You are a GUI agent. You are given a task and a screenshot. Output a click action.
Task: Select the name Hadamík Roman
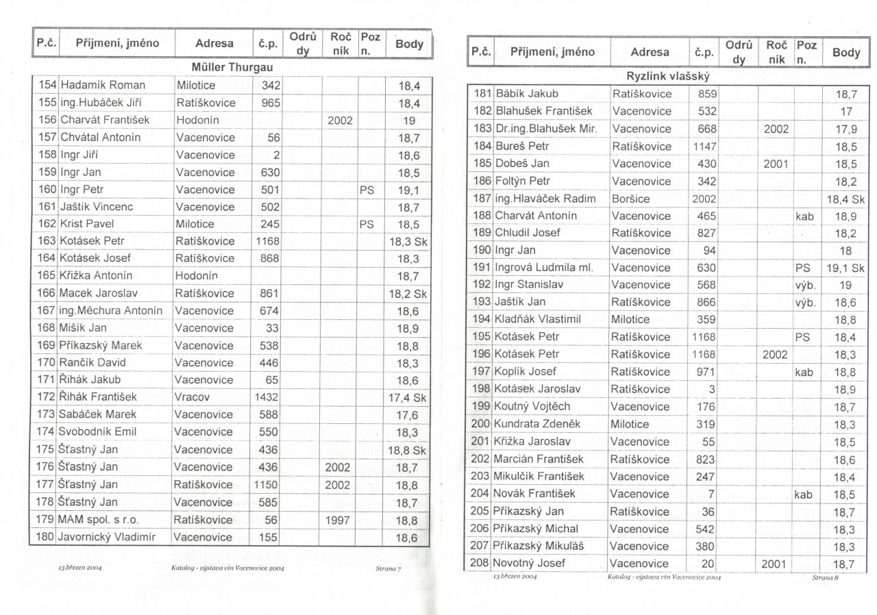[103, 86]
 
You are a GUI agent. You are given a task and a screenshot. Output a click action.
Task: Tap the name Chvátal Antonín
[101, 138]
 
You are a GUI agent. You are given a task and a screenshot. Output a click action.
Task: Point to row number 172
[47, 397]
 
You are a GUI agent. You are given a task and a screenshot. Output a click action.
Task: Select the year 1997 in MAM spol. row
[339, 520]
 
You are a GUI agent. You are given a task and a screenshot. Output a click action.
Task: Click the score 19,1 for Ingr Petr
[408, 190]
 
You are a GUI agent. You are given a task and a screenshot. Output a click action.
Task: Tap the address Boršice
[631, 199]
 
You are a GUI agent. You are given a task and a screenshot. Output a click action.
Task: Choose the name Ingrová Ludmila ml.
[544, 268]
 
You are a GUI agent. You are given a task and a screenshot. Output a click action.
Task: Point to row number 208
[482, 564]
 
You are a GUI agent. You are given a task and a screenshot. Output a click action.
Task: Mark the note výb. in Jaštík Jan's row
[805, 302]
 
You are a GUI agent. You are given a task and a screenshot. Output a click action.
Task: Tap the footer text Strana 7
[388, 568]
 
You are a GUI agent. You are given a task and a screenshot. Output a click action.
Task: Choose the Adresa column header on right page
[650, 52]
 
